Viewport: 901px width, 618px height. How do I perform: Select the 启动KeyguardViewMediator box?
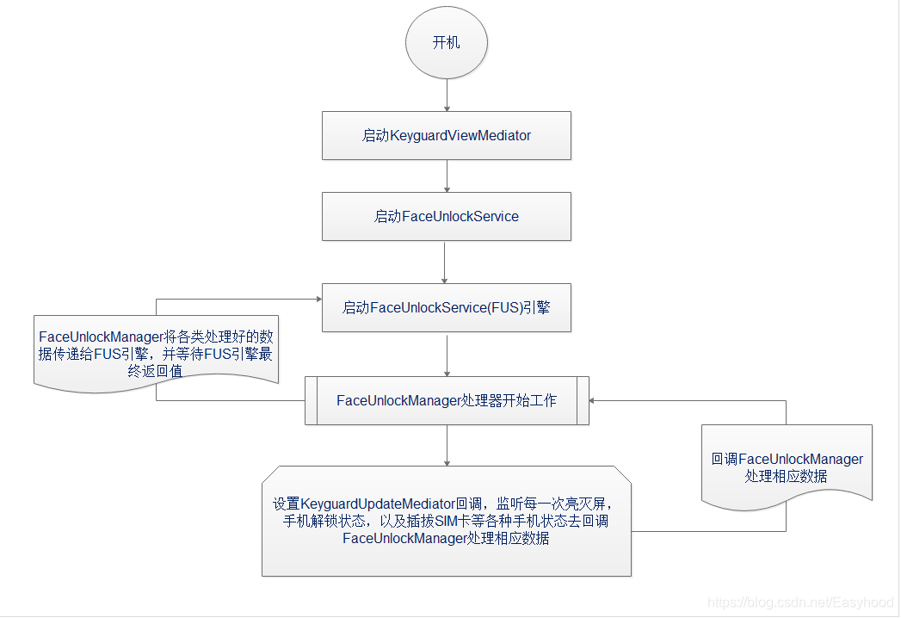447,135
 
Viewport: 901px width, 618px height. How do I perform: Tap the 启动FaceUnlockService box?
447,216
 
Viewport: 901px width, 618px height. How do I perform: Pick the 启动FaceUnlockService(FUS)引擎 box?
447,307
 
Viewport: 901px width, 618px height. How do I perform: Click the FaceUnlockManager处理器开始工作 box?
447,400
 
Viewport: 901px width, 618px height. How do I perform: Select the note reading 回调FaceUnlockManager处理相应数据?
787,467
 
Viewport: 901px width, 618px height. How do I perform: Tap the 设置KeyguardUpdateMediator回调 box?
447,522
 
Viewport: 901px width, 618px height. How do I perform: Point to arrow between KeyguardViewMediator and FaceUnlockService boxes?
447,176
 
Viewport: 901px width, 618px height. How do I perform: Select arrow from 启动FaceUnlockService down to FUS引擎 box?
444,262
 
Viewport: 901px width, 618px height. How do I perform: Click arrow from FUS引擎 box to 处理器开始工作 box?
447,354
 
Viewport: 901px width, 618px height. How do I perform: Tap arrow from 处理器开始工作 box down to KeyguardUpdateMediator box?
447,445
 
